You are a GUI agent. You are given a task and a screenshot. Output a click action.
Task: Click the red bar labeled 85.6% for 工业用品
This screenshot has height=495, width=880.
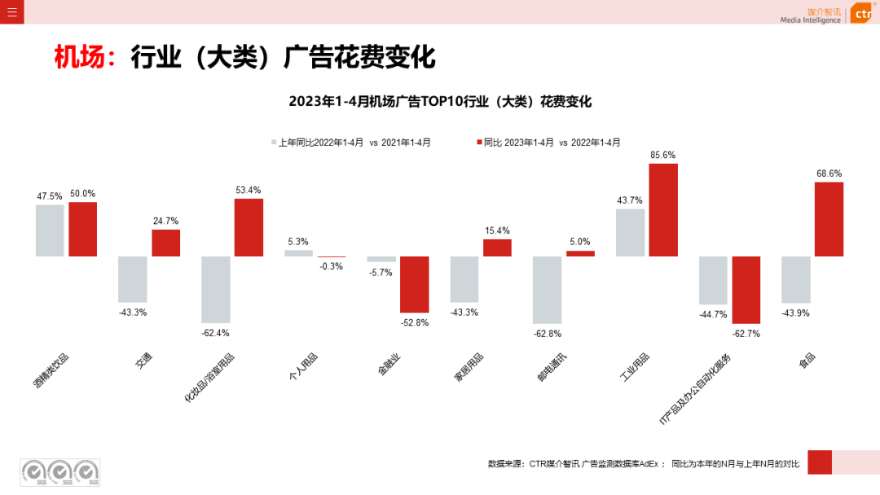(663, 210)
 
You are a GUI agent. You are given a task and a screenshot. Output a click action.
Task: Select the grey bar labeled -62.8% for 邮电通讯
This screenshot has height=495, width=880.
(547, 290)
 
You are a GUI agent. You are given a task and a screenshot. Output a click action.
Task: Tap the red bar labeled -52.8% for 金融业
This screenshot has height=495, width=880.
(414, 284)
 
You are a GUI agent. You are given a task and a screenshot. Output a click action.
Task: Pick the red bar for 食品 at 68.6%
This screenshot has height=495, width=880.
(829, 219)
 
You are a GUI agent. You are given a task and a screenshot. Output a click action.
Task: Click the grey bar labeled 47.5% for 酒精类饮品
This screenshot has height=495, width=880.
(50, 230)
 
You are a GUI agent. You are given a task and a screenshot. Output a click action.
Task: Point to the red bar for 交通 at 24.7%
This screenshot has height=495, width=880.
(165, 243)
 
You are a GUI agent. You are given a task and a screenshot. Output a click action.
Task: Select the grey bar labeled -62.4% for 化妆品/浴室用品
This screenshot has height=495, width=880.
(216, 290)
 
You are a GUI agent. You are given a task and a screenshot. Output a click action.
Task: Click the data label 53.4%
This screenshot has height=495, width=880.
(249, 191)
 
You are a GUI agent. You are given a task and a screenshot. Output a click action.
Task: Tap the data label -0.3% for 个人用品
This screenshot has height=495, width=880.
(332, 266)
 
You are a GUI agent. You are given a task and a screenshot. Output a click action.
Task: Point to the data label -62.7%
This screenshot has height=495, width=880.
(746, 333)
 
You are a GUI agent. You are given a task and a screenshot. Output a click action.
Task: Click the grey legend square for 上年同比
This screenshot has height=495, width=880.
(275, 142)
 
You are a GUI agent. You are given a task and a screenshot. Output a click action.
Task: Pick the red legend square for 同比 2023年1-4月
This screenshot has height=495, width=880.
(479, 142)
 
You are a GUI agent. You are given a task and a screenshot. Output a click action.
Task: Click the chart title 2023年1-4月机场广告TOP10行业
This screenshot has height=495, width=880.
(439, 102)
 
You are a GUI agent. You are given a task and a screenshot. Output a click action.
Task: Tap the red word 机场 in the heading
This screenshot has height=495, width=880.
(79, 58)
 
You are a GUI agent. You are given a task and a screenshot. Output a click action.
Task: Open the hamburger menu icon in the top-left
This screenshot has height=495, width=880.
(11, 11)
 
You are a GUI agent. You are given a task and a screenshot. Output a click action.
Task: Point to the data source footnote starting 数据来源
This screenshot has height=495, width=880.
(644, 464)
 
